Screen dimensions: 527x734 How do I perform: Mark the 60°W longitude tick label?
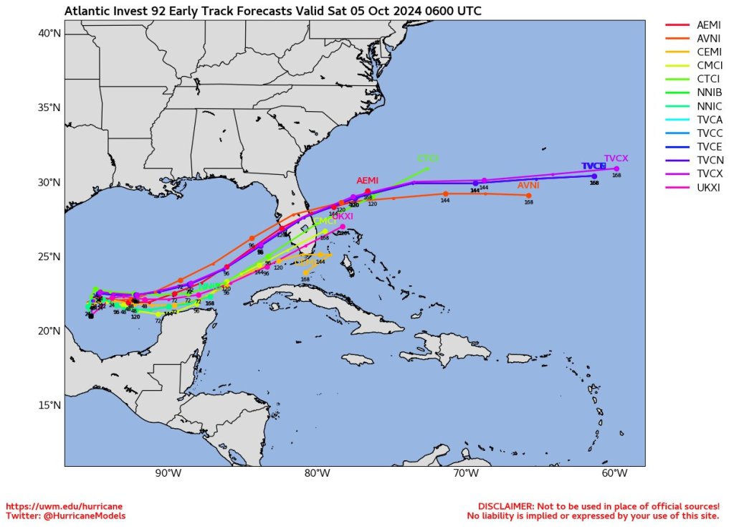click(x=615, y=474)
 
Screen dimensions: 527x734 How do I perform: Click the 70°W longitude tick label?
click(x=466, y=474)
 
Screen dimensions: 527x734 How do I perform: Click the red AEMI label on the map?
click(x=367, y=181)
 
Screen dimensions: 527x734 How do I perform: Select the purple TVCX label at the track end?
click(x=616, y=158)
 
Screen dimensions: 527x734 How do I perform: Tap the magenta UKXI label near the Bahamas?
click(x=343, y=216)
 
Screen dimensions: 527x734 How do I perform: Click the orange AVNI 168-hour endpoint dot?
click(x=529, y=196)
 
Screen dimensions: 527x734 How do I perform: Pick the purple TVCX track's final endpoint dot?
click(x=616, y=168)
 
